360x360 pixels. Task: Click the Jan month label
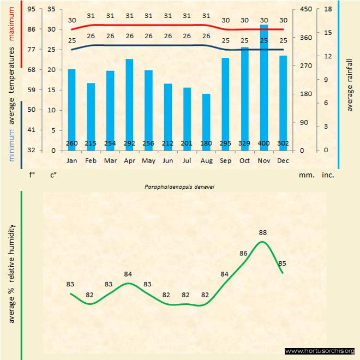[x=71, y=161]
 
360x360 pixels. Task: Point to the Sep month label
[x=225, y=161]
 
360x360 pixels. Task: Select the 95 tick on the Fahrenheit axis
[x=31, y=9]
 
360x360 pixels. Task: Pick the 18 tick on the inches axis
[x=328, y=9]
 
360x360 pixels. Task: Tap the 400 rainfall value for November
[x=263, y=143]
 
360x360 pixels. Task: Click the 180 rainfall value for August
[x=206, y=143]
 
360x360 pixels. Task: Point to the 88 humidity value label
[x=263, y=232]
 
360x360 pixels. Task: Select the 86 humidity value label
[x=244, y=253]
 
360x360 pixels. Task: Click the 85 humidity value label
[x=283, y=263]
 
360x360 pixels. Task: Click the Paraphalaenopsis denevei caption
[x=179, y=187]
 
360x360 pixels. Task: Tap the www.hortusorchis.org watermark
[x=320, y=351]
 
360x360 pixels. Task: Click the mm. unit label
[x=305, y=176]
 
